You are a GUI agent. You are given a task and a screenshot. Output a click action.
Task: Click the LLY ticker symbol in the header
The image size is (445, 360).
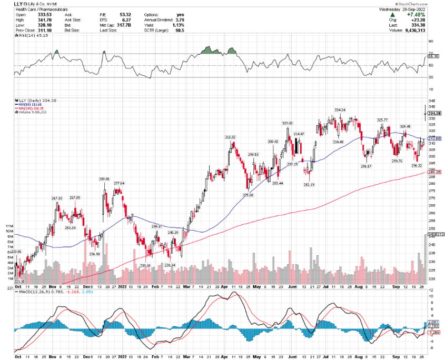point(19,4)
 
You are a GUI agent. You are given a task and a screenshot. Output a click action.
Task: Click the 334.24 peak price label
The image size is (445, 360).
point(340,109)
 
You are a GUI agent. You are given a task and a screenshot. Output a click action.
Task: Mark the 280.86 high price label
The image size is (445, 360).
point(104,179)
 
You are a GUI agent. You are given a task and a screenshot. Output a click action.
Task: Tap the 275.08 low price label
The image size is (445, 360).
point(248,195)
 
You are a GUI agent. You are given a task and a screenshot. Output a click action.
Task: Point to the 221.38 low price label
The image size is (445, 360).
point(19,281)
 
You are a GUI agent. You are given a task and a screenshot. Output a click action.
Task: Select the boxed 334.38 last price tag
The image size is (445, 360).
point(435,113)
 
